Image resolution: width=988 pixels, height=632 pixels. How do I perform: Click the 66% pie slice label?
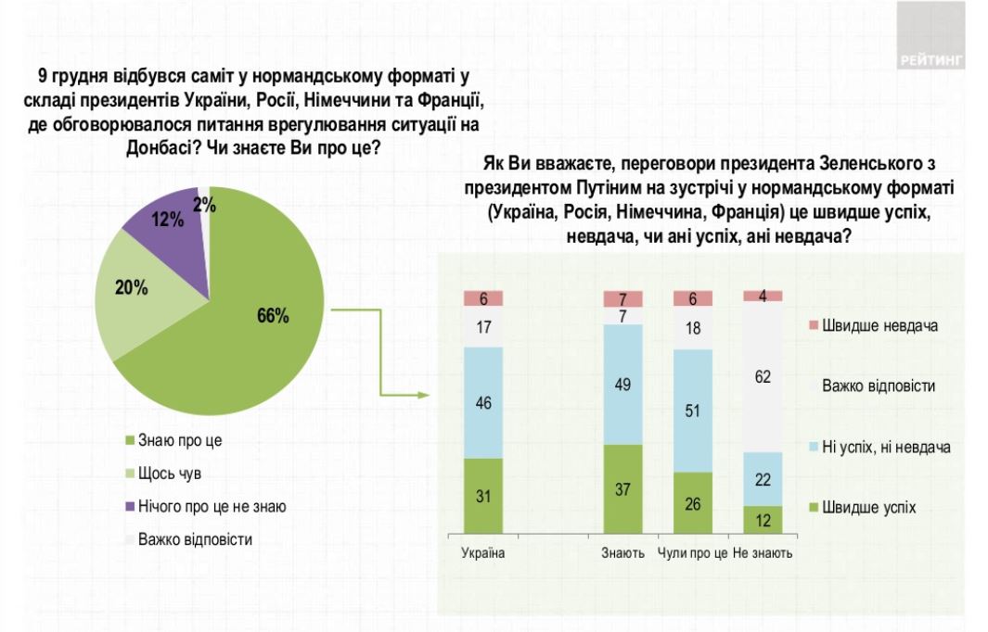273,316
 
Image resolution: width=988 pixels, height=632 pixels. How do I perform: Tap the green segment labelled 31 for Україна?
483,496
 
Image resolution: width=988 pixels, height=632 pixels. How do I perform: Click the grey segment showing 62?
763,377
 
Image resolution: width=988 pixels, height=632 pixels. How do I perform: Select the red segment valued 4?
763,296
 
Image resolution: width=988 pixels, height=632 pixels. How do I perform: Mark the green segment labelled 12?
763,520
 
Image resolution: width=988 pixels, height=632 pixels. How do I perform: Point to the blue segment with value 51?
693,411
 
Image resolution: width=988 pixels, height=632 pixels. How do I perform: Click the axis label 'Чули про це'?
693,553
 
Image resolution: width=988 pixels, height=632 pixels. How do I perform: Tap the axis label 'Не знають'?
763,553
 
